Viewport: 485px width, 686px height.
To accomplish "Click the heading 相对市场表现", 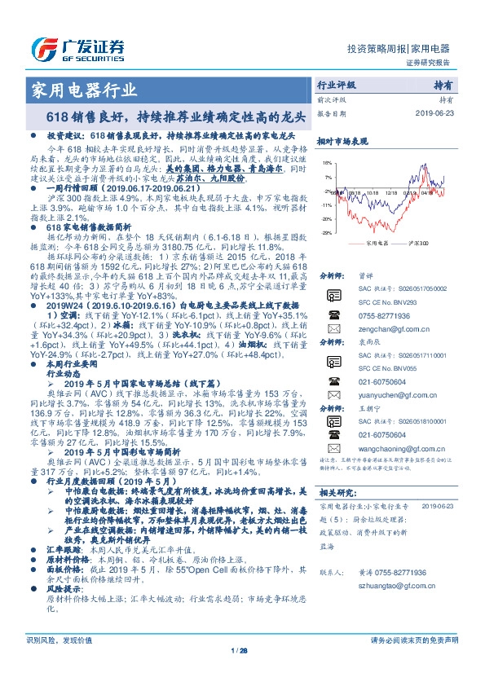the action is [x=338, y=141].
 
